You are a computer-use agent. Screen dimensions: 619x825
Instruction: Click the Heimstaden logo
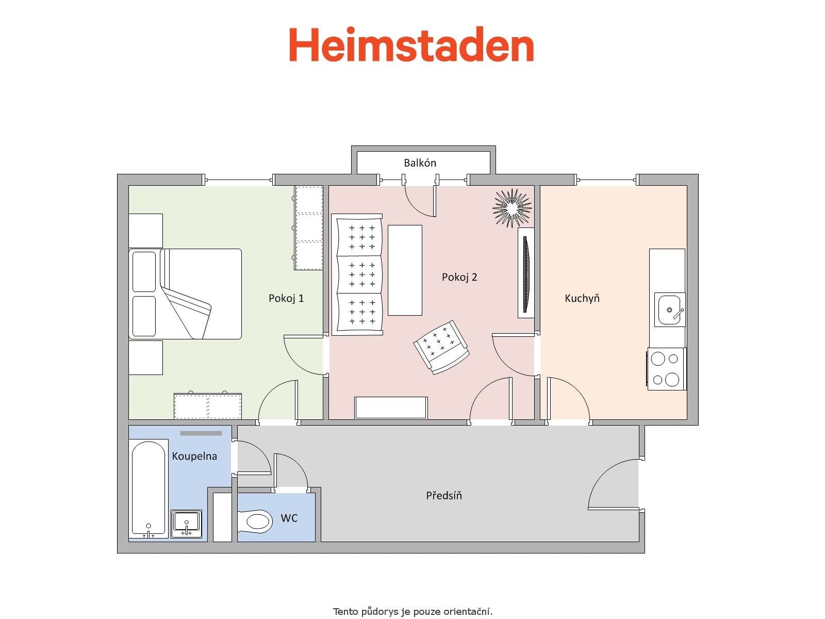coord(411,45)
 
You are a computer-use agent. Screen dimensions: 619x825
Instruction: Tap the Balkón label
coord(420,163)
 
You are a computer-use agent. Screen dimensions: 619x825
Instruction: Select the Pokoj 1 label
coord(286,298)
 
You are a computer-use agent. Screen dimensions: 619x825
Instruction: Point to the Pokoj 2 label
coord(459,277)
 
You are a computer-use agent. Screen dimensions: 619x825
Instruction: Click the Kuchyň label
coord(582,298)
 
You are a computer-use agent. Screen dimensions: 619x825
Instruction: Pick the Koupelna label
coord(194,456)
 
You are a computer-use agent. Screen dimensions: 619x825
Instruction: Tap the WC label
coord(289,518)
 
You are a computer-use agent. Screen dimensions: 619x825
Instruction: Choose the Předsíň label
coord(444,496)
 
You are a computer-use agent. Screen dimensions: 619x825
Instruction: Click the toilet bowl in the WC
coord(256,521)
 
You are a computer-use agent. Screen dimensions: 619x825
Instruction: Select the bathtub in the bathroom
coord(148,487)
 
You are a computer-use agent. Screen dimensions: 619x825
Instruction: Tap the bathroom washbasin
coord(186,523)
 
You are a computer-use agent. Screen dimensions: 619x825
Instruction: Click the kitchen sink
coord(670,310)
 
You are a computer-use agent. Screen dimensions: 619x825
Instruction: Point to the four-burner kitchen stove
coord(666,369)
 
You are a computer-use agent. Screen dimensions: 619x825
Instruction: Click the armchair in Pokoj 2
coord(441,347)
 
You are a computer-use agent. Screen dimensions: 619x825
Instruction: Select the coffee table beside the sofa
coord(405,270)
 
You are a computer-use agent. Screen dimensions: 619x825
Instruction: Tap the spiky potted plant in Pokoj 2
coord(511,207)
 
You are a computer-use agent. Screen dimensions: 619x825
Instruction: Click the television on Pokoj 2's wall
coord(525,273)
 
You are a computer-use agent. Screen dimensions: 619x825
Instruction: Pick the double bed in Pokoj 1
coord(186,294)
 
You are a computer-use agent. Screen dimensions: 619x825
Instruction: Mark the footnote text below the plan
coord(412,612)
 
